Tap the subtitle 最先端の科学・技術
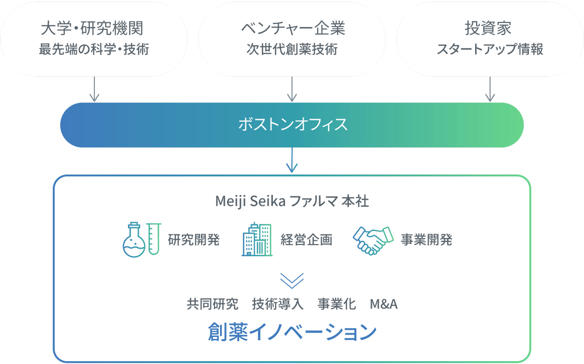coord(94,49)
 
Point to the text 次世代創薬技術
coord(292,49)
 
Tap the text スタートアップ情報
coord(490,49)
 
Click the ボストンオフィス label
coord(292,125)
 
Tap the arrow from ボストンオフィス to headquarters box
coord(292,161)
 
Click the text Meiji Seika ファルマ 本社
coord(292,201)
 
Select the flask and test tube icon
coord(142,239)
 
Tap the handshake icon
coord(373,240)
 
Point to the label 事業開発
coord(427,240)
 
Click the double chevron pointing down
coord(292,280)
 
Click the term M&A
coord(384,304)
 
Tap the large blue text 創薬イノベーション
coord(292,332)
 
